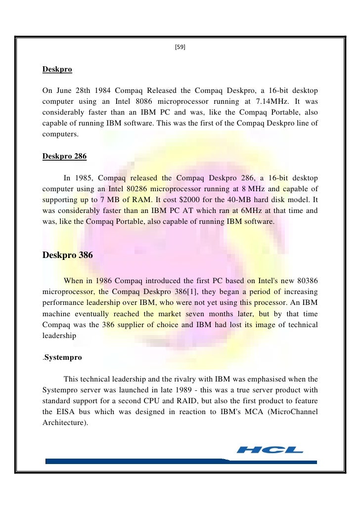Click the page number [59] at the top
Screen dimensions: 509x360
[180, 48]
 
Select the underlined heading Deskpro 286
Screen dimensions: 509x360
[64, 157]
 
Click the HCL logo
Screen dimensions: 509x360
[270, 450]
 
